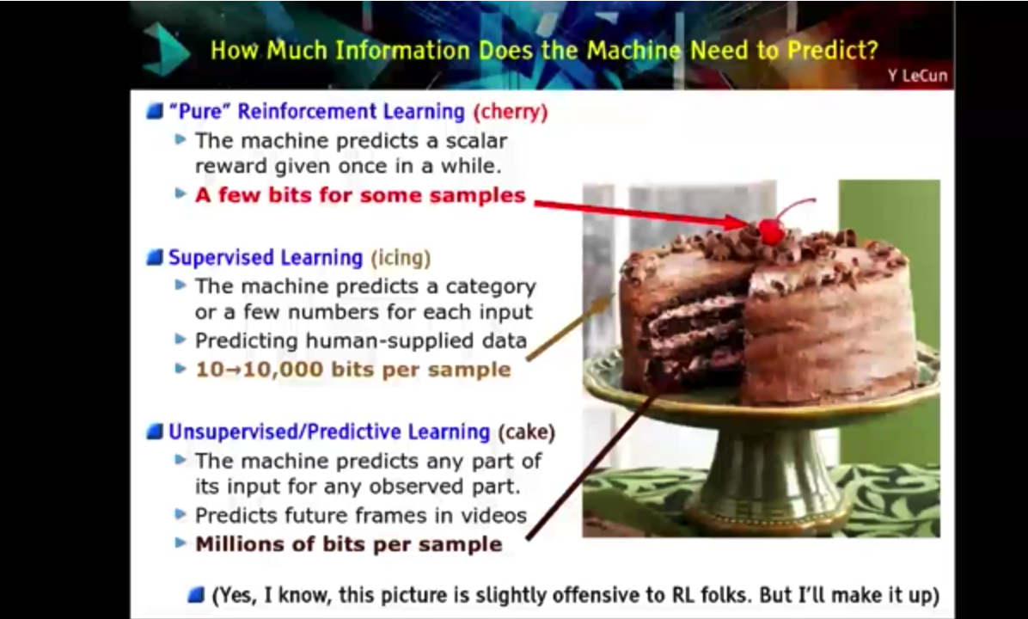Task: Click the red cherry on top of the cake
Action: click(771, 231)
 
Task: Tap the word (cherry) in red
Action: click(510, 112)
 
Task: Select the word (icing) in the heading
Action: click(401, 258)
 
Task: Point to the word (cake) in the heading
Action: click(526, 432)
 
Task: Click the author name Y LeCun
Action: click(918, 76)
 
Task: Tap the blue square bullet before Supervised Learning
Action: click(155, 258)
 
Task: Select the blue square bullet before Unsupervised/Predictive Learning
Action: click(155, 432)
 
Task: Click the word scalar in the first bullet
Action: click(477, 140)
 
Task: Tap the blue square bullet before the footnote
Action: click(196, 595)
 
